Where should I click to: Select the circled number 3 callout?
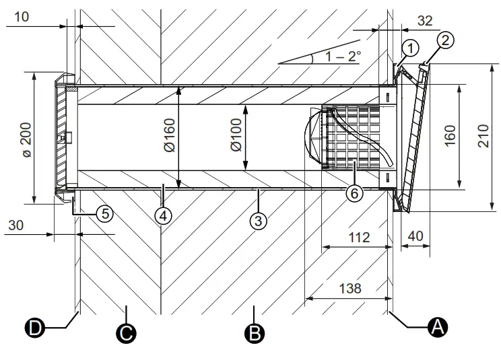257,219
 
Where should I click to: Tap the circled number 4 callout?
162,215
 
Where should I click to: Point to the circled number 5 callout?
103,213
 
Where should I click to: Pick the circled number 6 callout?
355,192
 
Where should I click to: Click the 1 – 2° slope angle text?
341,57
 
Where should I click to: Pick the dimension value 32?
425,21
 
